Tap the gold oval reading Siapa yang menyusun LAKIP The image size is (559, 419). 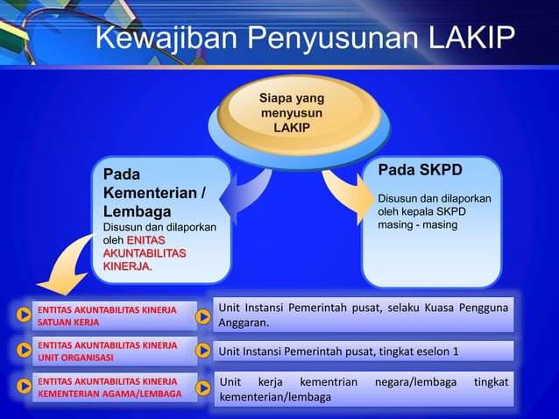point(290,113)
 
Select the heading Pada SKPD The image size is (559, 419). point(420,169)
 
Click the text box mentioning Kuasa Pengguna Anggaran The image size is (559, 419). point(364,315)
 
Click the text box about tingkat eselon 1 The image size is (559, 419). point(364,352)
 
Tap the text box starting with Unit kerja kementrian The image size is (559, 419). point(364,390)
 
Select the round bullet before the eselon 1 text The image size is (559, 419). point(202,352)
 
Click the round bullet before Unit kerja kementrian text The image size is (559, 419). point(202,390)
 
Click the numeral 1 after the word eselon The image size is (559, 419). point(456,352)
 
